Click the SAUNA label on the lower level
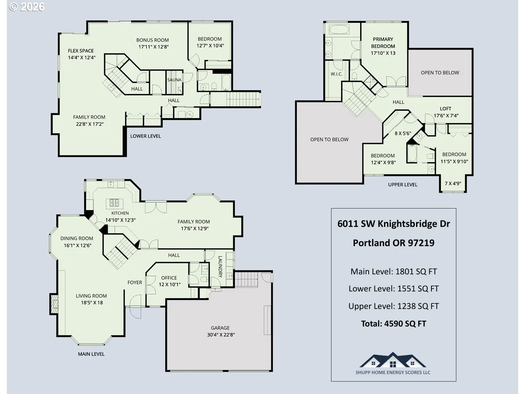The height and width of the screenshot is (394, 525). (x=174, y=80)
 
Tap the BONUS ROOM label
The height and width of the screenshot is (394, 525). (x=153, y=40)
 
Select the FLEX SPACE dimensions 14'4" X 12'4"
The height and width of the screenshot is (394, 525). (x=82, y=58)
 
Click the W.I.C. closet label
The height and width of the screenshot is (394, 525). (x=337, y=74)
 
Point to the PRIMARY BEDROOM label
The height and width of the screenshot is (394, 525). (x=383, y=43)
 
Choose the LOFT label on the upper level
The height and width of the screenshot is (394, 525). (x=446, y=109)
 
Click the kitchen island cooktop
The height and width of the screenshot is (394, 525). (x=114, y=203)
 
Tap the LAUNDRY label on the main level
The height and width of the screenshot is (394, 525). (x=220, y=267)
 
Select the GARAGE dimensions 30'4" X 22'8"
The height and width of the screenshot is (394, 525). (x=221, y=335)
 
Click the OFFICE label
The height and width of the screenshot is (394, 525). (x=169, y=278)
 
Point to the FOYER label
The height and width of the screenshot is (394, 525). (x=135, y=282)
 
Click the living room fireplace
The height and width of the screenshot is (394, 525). (x=54, y=304)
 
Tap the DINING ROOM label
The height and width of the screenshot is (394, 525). (x=76, y=238)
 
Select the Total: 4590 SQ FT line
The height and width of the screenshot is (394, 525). (x=393, y=323)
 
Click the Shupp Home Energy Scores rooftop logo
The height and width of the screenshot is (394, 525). (x=393, y=360)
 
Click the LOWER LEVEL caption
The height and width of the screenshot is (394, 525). (x=145, y=136)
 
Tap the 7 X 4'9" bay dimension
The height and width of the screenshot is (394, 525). (x=453, y=184)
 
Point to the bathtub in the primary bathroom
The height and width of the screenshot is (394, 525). (x=340, y=30)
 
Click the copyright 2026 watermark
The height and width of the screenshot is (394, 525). (x=26, y=7)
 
